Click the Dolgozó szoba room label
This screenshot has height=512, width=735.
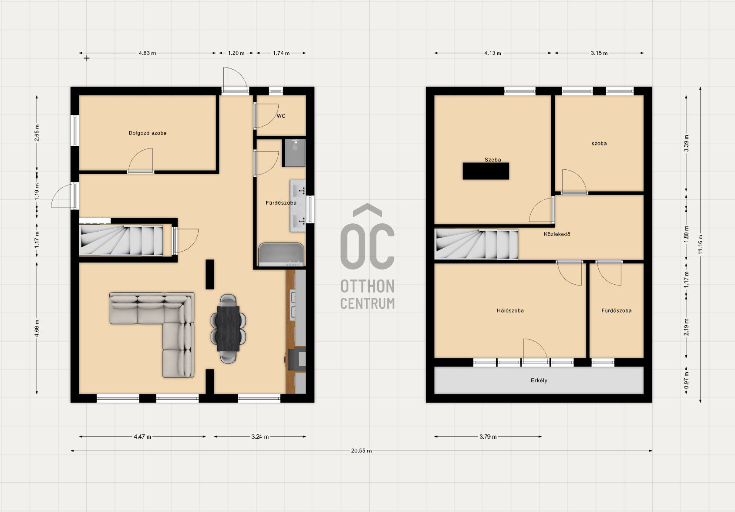[x=147, y=133]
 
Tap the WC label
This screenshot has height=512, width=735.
[x=281, y=116]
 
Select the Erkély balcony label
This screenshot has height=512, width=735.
[x=539, y=381]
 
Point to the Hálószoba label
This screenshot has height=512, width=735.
[x=510, y=310]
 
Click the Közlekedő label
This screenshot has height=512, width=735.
[x=557, y=234]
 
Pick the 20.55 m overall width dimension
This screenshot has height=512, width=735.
[x=361, y=451]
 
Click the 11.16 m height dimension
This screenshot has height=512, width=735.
[x=700, y=245]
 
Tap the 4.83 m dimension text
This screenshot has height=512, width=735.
[x=147, y=53]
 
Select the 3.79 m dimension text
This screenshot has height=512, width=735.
[x=488, y=437]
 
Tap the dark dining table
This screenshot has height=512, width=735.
[x=228, y=328]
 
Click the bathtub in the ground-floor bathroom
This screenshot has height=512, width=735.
[x=281, y=255]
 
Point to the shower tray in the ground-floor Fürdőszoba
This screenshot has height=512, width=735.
[x=295, y=152]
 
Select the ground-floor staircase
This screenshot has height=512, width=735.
[x=121, y=240]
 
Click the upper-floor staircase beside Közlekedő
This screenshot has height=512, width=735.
[x=476, y=244]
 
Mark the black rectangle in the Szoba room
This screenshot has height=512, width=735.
[x=486, y=171]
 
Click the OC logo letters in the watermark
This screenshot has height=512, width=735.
[x=367, y=236]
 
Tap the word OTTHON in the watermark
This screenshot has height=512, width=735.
[x=367, y=286]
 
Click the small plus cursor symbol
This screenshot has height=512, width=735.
[x=86, y=58]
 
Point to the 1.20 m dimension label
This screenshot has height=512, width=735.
[x=236, y=53]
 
